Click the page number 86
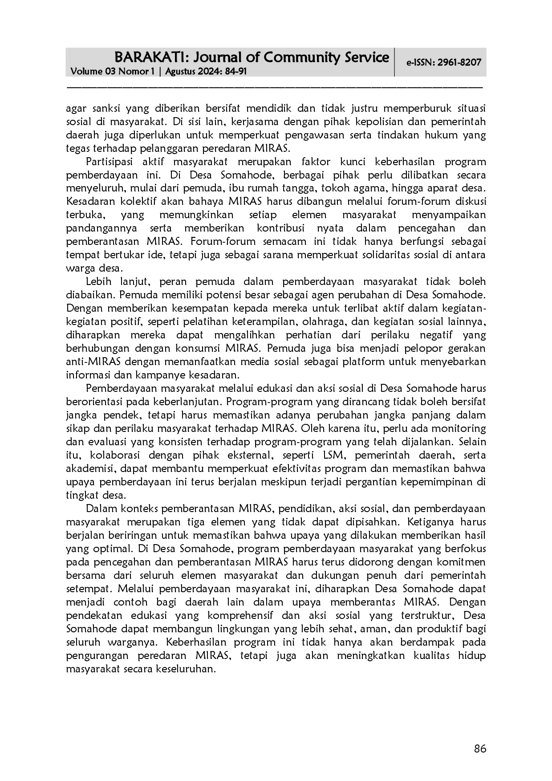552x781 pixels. click(x=480, y=749)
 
